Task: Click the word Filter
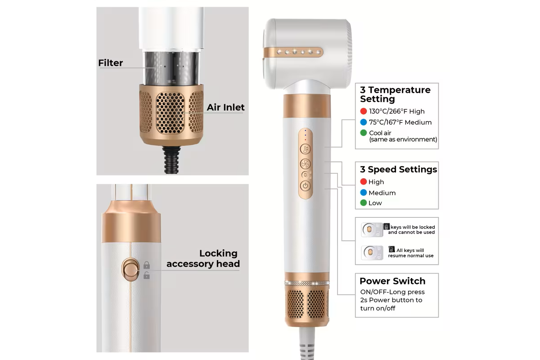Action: point(110,63)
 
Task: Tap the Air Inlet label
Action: point(225,107)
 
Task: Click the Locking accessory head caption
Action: point(203,258)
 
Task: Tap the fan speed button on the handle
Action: point(305,164)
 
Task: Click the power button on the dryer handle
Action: point(305,186)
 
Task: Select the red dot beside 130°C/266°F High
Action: point(363,111)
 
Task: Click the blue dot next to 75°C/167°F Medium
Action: point(363,122)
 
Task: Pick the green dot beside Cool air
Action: point(363,133)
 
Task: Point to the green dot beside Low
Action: point(363,203)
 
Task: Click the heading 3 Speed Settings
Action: point(398,169)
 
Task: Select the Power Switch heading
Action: point(392,281)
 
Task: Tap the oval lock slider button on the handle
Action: point(130,270)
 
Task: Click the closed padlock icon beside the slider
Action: point(147,265)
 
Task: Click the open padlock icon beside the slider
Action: point(147,275)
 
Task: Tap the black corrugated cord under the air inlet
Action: point(171,160)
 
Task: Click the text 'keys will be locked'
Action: point(413,227)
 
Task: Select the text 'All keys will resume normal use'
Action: point(411,253)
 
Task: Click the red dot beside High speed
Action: point(363,181)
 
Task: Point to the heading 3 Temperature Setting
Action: point(395,94)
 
